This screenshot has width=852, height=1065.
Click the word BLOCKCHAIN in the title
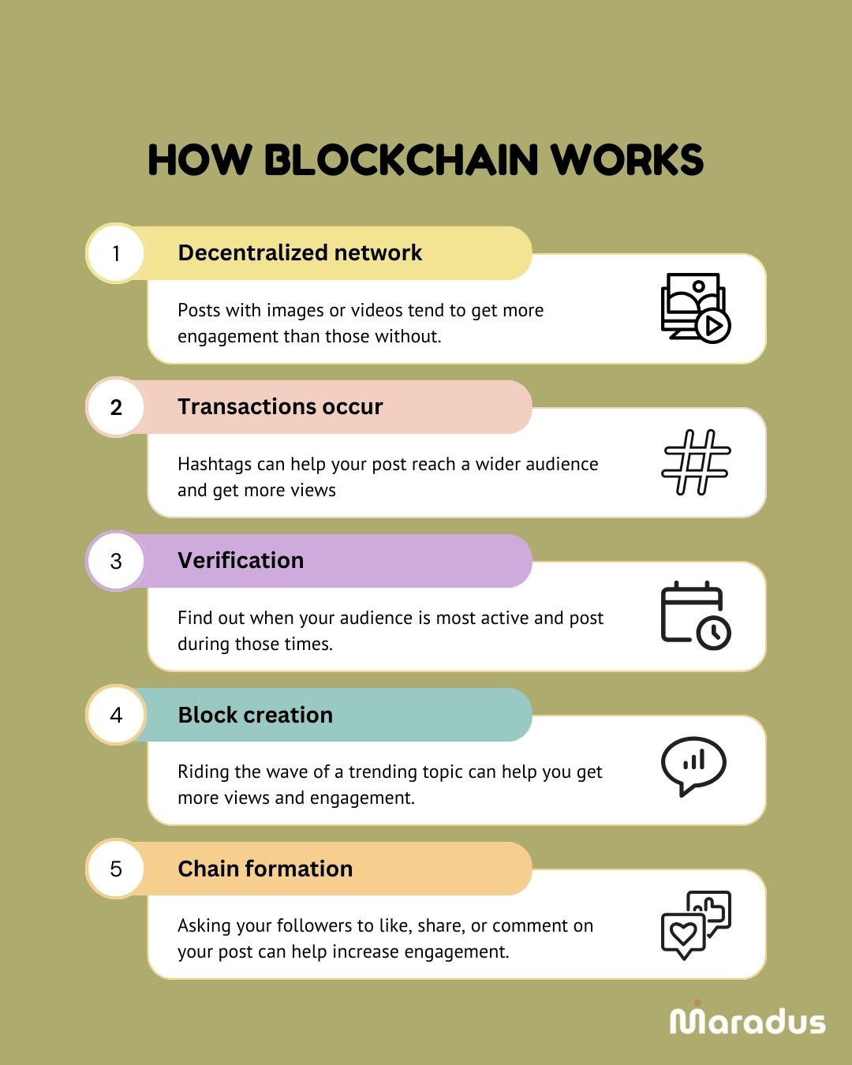click(x=401, y=160)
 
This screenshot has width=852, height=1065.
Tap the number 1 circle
click(x=116, y=253)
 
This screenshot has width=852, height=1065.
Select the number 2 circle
click(x=116, y=407)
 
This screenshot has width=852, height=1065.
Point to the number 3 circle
click(x=116, y=561)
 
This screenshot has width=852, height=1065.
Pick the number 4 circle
click(x=116, y=715)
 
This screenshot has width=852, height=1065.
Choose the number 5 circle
click(x=116, y=869)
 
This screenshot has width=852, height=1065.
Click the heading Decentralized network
click(x=300, y=252)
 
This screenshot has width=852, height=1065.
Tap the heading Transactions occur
click(x=280, y=406)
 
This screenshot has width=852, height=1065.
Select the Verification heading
click(x=241, y=560)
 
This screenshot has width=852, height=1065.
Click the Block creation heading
click(x=255, y=715)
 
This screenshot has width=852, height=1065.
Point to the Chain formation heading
click(x=265, y=869)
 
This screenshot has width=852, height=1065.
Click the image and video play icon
click(x=695, y=308)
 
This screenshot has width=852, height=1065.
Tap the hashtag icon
click(x=696, y=462)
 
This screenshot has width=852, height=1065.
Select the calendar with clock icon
click(x=695, y=615)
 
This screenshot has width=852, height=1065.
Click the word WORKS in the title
click(x=626, y=160)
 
